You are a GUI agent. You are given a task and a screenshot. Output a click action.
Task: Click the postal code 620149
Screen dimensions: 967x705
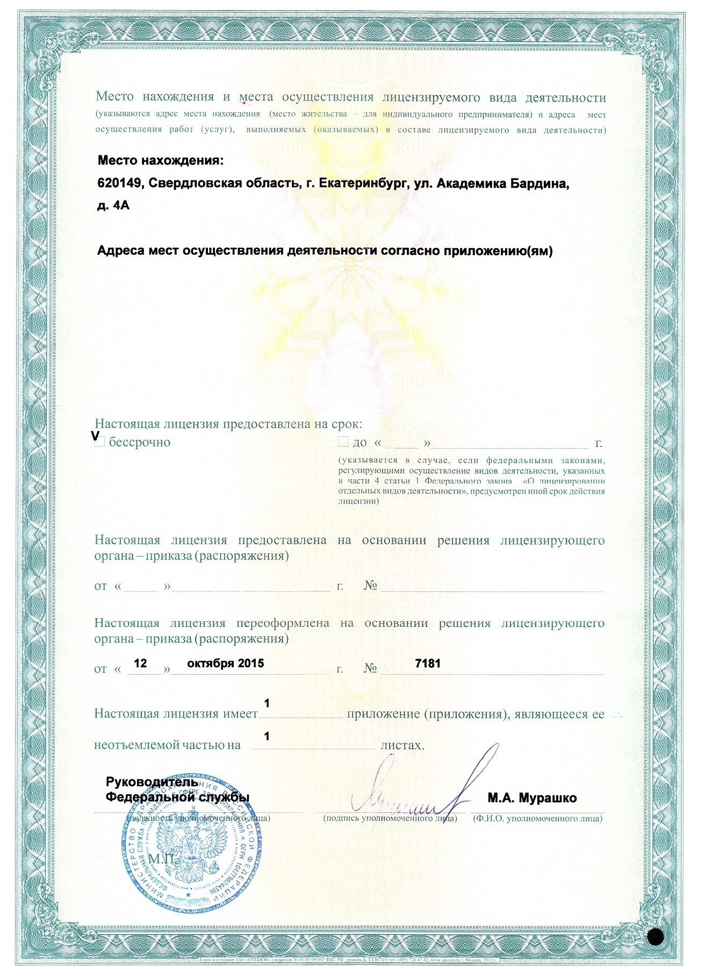tap(119, 184)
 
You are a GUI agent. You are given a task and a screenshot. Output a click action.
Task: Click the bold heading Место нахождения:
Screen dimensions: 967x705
tap(160, 161)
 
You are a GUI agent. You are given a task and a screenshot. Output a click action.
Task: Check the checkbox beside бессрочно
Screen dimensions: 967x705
tap(99, 442)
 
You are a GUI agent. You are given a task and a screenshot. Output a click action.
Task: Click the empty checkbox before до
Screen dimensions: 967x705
tap(343, 442)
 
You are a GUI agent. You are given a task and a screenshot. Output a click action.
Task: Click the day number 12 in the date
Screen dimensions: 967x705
tap(140, 663)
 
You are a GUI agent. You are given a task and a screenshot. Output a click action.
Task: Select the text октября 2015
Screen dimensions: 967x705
tap(225, 663)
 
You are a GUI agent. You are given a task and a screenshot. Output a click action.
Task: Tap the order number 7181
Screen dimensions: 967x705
tap(428, 663)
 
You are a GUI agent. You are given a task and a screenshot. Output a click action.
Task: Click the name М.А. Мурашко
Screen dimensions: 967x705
tap(532, 798)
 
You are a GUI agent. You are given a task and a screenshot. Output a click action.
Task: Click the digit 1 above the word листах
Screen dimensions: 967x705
tap(266, 737)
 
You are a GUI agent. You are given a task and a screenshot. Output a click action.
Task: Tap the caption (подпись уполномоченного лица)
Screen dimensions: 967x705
tap(390, 818)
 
